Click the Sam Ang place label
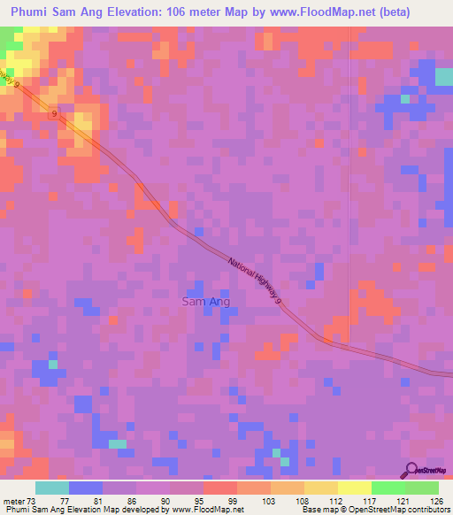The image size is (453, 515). tap(206, 302)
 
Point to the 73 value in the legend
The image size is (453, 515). tap(34, 500)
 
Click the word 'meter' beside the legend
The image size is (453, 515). tap(13, 500)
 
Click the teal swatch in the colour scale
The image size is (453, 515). tap(52, 488)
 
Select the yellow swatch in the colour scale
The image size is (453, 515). tap(354, 488)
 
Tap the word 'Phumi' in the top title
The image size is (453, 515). tap(29, 12)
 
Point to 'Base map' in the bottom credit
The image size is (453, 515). tap(317, 511)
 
